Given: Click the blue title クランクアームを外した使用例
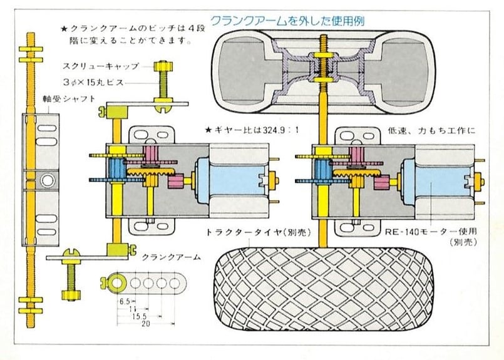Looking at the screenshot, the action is click(x=287, y=21).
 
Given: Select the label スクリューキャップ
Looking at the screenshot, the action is click(x=101, y=66).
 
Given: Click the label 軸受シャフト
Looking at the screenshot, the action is click(x=69, y=99).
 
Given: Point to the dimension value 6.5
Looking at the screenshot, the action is click(x=125, y=302).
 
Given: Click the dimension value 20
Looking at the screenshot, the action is click(x=146, y=324).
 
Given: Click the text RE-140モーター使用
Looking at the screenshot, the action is click(x=431, y=231).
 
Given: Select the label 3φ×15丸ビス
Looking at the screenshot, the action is click(x=93, y=82).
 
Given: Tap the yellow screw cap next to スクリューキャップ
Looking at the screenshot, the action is click(x=163, y=66).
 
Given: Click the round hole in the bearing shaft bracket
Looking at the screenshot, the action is click(x=48, y=180).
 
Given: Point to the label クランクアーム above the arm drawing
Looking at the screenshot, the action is click(x=172, y=257).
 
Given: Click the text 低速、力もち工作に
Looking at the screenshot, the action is click(x=431, y=130).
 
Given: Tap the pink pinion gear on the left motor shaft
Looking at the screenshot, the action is click(x=175, y=182).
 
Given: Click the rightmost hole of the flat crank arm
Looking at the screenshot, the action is click(x=175, y=283).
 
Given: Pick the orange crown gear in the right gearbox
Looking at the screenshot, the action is click(x=356, y=174).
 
